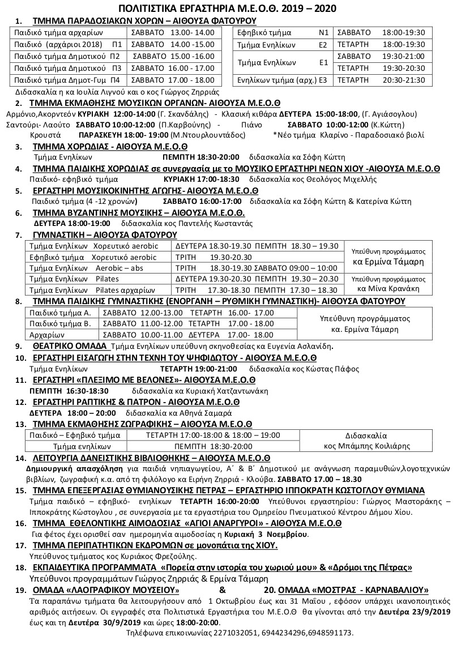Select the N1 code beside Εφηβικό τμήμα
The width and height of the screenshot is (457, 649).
click(324, 32)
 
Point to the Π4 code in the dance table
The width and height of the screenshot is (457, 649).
click(115, 80)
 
